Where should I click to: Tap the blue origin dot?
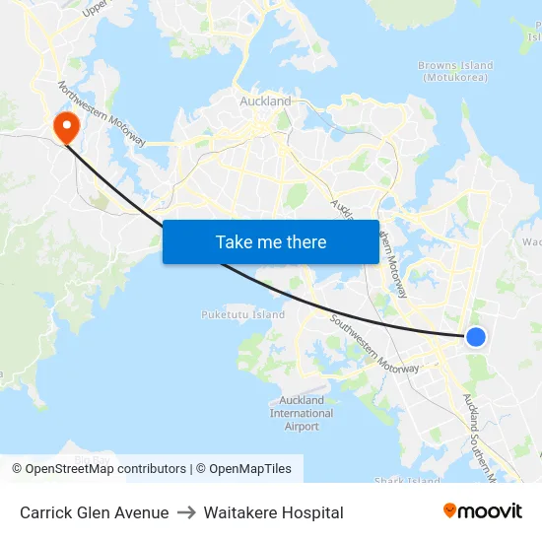tap(475, 337)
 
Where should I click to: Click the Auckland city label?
tap(265, 101)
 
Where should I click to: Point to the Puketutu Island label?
tap(243, 314)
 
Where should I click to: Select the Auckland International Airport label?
tap(302, 413)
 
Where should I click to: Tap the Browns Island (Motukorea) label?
tap(455, 72)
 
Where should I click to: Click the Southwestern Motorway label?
tap(375, 344)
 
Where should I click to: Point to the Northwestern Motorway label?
tap(102, 114)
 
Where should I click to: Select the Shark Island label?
tap(407, 481)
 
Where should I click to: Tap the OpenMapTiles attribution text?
tap(249, 469)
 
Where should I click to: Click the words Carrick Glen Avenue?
tap(94, 512)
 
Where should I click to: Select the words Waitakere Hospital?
tap(273, 512)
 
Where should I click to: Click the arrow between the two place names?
tap(186, 512)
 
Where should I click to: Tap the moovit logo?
tap(483, 510)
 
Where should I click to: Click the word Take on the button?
tap(234, 241)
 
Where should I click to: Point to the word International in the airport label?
tap(302, 413)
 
